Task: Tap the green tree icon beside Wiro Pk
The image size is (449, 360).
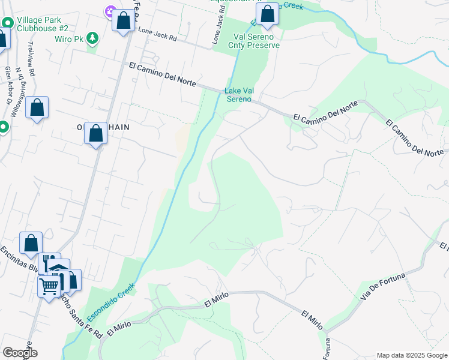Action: [92, 38]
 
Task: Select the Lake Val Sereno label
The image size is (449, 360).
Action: [239, 95]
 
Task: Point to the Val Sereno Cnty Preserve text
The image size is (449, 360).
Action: [254, 41]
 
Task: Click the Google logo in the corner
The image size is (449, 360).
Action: [19, 353]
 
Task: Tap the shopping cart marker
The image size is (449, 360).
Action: [49, 286]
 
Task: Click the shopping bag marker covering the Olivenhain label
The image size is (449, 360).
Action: [95, 134]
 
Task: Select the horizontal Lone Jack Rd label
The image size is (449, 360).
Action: [157, 33]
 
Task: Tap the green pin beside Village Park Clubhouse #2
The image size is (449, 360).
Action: [7, 23]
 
